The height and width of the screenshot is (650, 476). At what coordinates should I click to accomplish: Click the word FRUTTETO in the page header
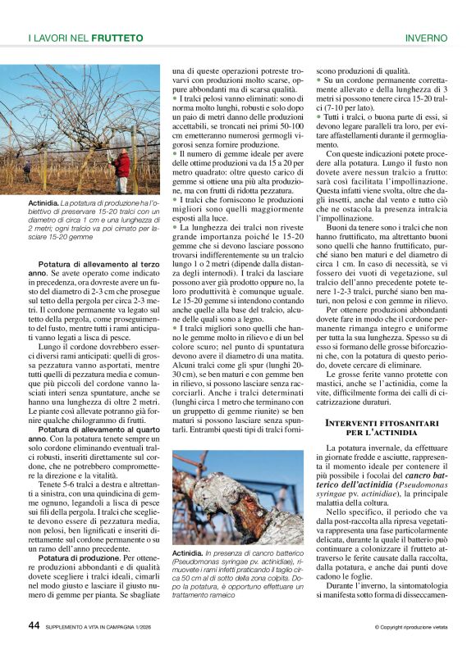[x=117, y=38]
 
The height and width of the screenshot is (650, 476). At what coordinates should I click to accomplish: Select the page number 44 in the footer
[x=34, y=625]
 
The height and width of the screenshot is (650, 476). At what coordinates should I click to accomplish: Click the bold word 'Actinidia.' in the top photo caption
[x=43, y=202]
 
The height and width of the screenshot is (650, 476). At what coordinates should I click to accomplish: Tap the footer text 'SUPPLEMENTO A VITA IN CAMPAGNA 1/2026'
[x=103, y=627]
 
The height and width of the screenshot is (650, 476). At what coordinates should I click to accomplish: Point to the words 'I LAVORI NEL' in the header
[x=59, y=38]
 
